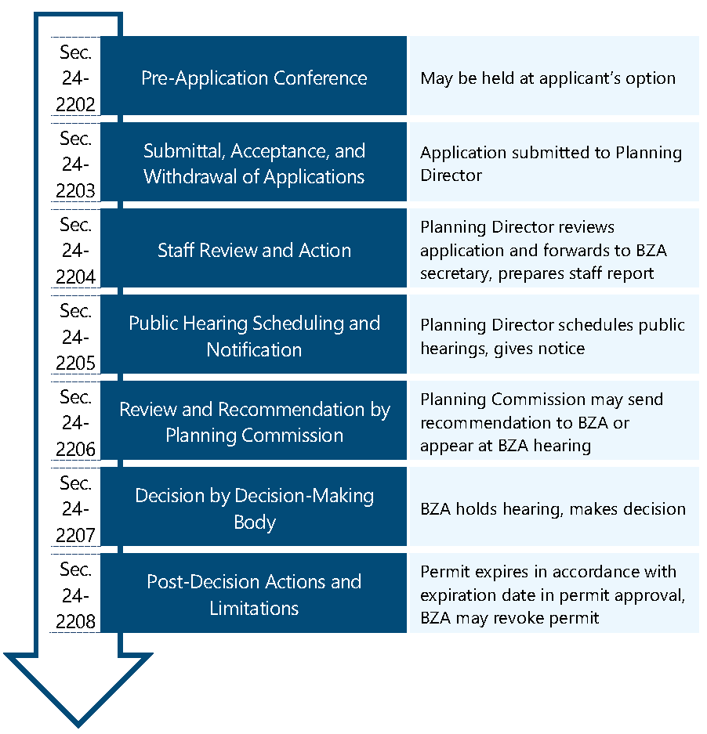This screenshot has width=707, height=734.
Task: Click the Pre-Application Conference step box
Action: [254, 78]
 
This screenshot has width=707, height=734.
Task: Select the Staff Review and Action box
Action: [254, 251]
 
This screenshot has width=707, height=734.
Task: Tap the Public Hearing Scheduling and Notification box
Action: [254, 337]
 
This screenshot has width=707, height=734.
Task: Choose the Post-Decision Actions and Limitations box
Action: [254, 595]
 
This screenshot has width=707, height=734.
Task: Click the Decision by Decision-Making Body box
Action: [254, 508]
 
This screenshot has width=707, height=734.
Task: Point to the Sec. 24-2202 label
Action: [76, 78]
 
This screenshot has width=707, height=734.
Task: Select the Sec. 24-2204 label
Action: [76, 251]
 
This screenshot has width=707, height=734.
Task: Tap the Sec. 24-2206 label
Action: [76, 423]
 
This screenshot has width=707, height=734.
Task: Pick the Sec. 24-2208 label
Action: [76, 595]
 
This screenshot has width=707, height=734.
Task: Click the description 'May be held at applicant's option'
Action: [548, 78]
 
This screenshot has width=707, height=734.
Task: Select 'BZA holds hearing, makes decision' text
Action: [553, 509]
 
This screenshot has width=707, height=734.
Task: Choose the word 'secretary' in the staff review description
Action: [455, 274]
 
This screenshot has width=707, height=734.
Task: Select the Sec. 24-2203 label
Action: [76, 165]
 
